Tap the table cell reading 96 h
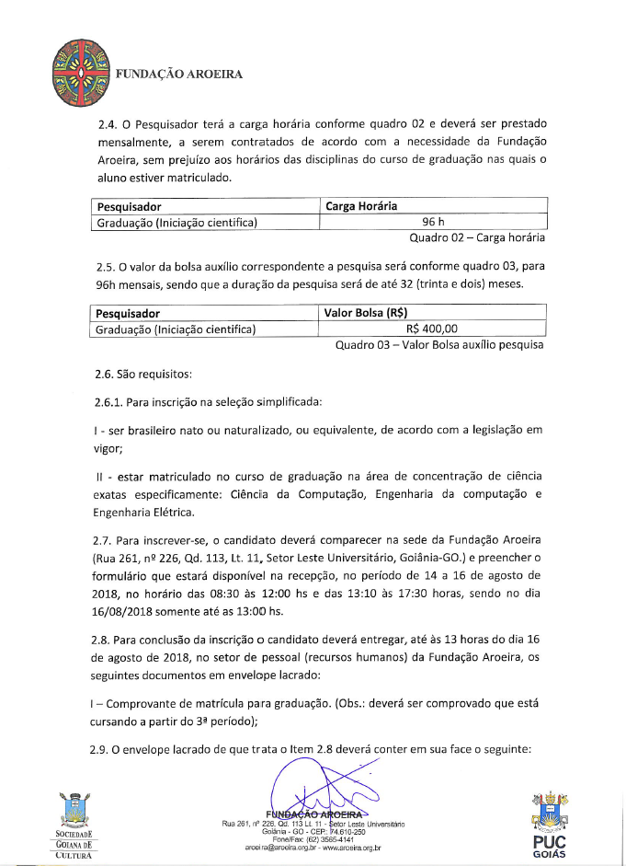click(x=433, y=222)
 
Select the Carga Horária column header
click(x=361, y=206)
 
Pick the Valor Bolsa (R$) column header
click(x=366, y=313)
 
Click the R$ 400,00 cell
click(x=432, y=329)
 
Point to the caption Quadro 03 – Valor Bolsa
click(x=439, y=345)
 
